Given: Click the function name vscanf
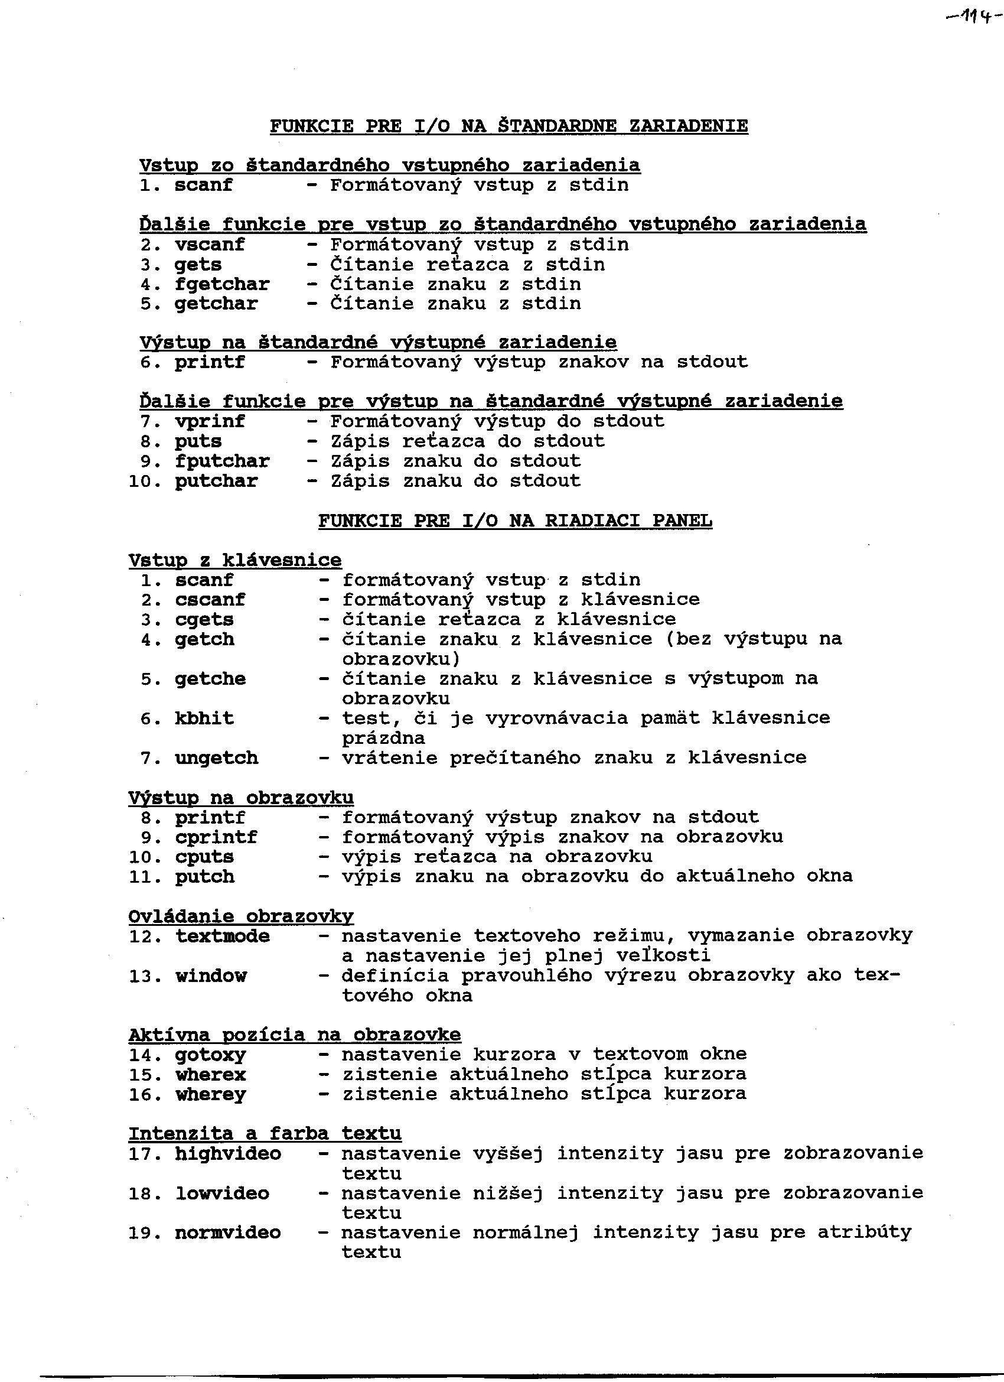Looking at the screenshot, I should point(210,245).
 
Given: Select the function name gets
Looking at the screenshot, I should point(198,265).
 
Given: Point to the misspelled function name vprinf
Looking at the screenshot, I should point(210,422).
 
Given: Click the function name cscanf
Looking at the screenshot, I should point(210,600).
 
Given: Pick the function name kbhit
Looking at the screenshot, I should point(204,718).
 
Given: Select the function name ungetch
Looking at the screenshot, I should point(216,758).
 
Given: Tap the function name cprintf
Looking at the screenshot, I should point(216,837).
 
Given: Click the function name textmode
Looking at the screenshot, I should point(223,936).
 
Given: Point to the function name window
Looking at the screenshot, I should point(211,976).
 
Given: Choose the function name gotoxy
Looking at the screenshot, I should point(210,1055).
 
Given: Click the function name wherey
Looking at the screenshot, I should point(210,1094).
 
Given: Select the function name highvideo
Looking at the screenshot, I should point(228,1153).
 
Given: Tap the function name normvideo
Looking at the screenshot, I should point(228,1233).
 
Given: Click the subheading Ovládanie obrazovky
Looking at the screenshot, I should point(240,916).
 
